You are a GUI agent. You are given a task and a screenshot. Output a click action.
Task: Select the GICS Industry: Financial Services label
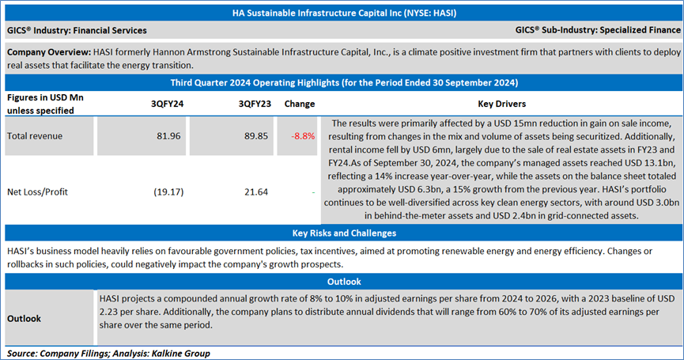coord(77,30)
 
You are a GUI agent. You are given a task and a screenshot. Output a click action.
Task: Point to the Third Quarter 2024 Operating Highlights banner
coord(342,82)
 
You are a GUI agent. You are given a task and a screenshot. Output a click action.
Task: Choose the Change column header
coord(299,104)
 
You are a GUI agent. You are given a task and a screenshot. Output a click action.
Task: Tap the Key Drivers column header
coord(501,104)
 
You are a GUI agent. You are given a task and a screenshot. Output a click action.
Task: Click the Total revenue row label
coord(35,136)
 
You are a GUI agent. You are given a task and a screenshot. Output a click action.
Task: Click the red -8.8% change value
coord(303,136)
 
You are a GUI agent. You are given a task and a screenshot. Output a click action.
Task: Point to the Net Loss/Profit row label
coord(40,191)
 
